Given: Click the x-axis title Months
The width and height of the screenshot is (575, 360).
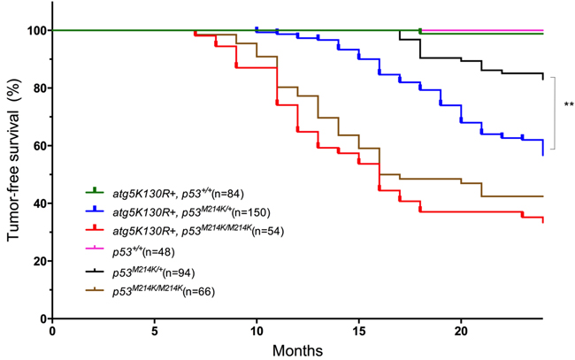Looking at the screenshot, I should click(x=296, y=349).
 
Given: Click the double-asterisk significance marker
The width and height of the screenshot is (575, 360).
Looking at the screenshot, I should click(x=569, y=105).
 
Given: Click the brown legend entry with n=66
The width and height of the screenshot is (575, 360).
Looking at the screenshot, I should click(x=163, y=291).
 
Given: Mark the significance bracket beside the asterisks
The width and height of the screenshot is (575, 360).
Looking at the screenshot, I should click(x=555, y=113).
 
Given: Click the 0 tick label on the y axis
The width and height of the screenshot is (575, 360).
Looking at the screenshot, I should click(x=41, y=318).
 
